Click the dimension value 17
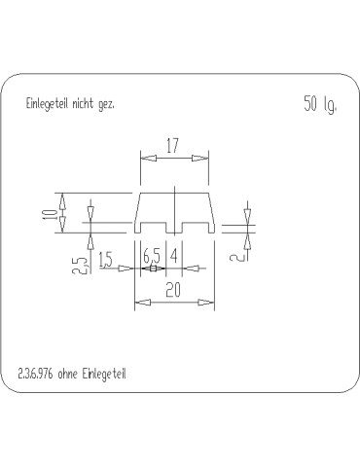coord(172,146)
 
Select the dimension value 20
coord(173,290)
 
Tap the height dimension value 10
coord(50,215)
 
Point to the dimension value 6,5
coord(152,257)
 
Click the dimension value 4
coord(174,256)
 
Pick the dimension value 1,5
coord(105,260)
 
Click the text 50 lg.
coord(320,104)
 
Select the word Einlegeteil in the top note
coord(47,104)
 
